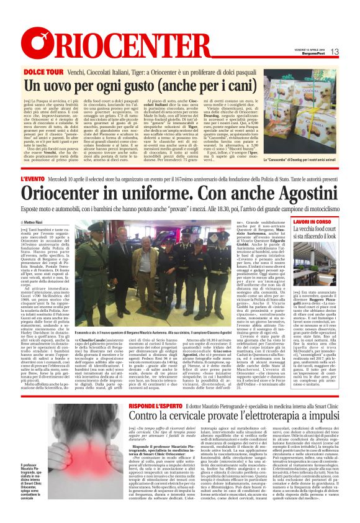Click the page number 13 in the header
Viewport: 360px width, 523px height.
pos(335,52)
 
